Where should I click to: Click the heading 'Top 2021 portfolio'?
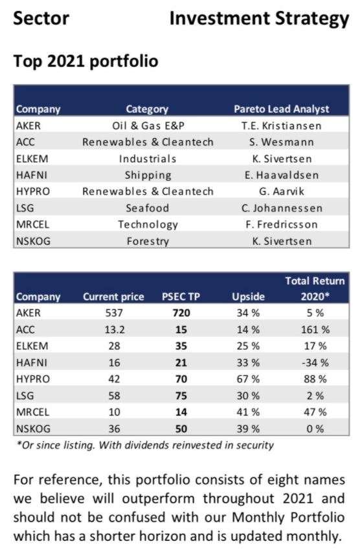point(85,61)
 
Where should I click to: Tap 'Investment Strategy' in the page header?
point(259,19)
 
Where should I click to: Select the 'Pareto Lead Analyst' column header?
point(282,109)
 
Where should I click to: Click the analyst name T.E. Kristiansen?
point(282,126)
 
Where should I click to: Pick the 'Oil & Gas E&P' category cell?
point(148,126)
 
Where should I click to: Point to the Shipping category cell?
point(148,175)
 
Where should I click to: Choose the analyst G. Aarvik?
point(282,192)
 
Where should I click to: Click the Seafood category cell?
point(148,208)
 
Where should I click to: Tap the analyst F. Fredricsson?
point(282,225)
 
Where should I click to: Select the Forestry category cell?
point(148,241)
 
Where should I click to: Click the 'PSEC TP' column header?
point(181,297)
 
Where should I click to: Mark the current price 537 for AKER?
point(114,313)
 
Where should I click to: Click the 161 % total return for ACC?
point(315,330)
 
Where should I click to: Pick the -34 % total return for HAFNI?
point(315,362)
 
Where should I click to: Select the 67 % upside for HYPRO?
point(248,379)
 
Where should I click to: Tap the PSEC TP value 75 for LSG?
point(181,395)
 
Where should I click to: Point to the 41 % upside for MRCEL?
point(248,412)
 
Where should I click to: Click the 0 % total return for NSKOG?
point(315,429)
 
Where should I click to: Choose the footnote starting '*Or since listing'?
point(145,446)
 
